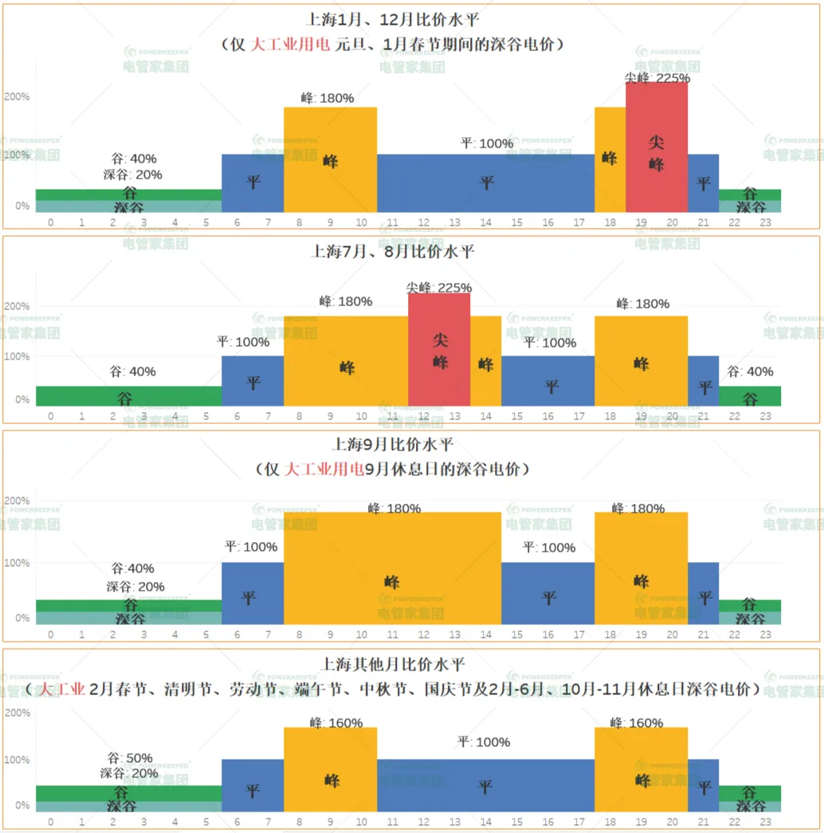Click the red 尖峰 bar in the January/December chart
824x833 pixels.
pyautogui.click(x=657, y=147)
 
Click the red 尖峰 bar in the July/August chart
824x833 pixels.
pyautogui.click(x=439, y=351)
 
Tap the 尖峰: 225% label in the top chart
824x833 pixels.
pyautogui.click(x=657, y=78)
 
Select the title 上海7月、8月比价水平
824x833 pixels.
pyautogui.click(x=392, y=252)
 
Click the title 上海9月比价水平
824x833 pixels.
pyautogui.click(x=392, y=444)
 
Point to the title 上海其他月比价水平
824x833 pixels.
pyautogui.click(x=392, y=663)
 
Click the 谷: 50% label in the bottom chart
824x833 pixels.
pyautogui.click(x=130, y=758)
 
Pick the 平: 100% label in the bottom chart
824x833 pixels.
pyautogui.click(x=484, y=742)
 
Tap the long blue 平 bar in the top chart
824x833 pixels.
pyautogui.click(x=485, y=183)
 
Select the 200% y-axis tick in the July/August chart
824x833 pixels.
pyautogui.click(x=17, y=306)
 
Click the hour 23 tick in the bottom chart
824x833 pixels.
pyautogui.click(x=765, y=822)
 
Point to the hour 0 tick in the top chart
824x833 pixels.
pyautogui.click(x=51, y=222)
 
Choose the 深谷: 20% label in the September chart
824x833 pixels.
pyautogui.click(x=135, y=587)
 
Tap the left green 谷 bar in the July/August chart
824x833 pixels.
pyautogui.click(x=128, y=396)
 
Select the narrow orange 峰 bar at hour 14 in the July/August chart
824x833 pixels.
pyautogui.click(x=485, y=363)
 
